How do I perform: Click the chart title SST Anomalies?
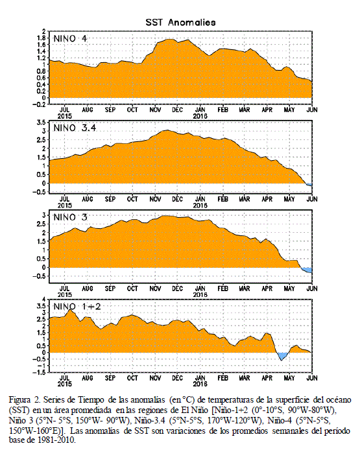180,23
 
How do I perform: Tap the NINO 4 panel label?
70,38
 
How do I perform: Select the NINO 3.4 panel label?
75,128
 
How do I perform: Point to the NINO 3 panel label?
70,217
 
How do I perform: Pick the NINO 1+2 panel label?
77,307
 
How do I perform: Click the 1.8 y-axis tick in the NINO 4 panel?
41,38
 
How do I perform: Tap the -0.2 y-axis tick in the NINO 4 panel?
40,104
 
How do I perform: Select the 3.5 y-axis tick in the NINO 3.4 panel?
41,123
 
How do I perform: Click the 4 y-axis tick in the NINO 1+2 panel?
43,299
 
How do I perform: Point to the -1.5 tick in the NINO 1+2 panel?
40,372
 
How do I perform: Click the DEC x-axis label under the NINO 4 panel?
178,110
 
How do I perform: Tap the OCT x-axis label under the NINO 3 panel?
132,289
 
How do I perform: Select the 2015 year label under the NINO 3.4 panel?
65,206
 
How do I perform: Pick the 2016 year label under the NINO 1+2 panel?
200,384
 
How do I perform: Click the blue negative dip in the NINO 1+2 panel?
282,356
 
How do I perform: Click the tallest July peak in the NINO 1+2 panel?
70,309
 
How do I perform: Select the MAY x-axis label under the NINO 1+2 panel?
289,378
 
